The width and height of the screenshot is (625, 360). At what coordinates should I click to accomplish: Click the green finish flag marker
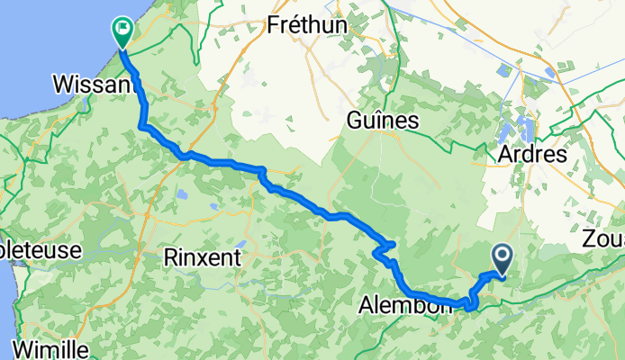coord(122,31)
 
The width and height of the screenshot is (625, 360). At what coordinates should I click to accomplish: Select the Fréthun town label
coord(307,26)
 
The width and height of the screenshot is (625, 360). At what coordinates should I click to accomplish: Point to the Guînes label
coord(383,121)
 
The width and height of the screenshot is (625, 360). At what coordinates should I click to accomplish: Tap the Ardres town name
coord(532,154)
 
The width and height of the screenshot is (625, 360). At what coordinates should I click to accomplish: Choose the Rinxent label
coord(203,256)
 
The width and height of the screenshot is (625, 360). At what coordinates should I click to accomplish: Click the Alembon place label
coord(404,306)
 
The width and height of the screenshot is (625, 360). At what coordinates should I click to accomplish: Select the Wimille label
coord(50,347)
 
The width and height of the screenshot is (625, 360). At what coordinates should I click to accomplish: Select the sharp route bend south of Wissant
coord(144,128)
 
